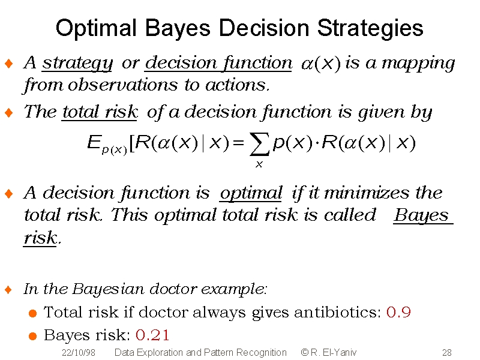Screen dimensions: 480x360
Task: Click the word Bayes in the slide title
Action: [x=178, y=29]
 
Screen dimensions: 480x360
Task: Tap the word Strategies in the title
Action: [x=370, y=29]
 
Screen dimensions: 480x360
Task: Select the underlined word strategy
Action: [x=77, y=64]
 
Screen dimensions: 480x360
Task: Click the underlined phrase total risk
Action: [x=100, y=112]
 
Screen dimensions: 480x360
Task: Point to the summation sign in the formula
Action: [x=259, y=144]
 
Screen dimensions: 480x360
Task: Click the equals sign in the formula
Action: [x=238, y=143]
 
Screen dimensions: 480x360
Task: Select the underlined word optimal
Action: [x=251, y=194]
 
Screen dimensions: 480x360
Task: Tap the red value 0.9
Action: [x=398, y=312]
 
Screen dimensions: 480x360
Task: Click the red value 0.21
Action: [x=152, y=335]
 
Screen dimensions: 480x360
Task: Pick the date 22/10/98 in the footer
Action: [x=79, y=353]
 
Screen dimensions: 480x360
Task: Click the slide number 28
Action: [x=446, y=353]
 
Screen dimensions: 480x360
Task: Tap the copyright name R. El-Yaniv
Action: [x=334, y=353]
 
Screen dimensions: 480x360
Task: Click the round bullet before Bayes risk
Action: [x=33, y=336]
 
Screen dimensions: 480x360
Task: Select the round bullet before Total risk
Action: [x=33, y=313]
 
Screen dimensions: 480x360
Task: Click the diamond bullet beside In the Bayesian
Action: [x=8, y=289]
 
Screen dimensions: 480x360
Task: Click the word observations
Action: [x=122, y=85]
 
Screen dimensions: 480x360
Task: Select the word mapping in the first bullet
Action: [x=418, y=64]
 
